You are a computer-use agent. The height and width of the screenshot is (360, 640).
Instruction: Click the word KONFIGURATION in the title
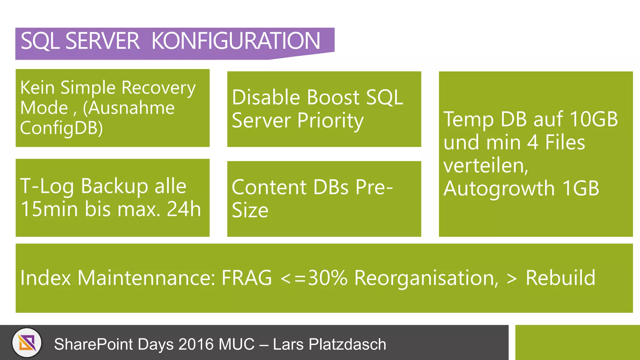(x=236, y=41)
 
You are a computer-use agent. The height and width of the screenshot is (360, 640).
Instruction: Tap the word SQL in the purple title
(x=40, y=41)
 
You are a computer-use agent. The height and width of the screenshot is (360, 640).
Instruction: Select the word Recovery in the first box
(x=158, y=88)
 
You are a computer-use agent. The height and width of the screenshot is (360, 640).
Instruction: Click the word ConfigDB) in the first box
(x=62, y=128)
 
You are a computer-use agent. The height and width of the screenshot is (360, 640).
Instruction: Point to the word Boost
(x=333, y=97)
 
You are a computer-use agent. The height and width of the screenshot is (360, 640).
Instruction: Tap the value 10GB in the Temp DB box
(x=593, y=119)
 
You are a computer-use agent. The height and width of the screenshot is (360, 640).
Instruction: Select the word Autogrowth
(x=499, y=188)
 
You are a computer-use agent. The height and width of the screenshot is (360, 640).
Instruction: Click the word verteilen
(x=485, y=165)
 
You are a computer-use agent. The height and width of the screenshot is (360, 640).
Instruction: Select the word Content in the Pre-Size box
(x=269, y=187)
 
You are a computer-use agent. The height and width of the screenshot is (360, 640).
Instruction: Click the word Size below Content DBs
(x=250, y=210)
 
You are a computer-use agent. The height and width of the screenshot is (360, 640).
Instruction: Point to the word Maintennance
(x=146, y=278)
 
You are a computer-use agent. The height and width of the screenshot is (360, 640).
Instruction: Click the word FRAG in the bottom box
(x=247, y=278)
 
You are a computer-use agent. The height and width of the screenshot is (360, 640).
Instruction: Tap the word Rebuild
(x=560, y=278)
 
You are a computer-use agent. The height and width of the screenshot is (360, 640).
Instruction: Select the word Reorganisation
(x=426, y=278)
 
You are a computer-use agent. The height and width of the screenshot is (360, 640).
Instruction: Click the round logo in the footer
(x=27, y=343)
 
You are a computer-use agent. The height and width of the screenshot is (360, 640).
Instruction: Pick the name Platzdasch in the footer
(x=347, y=344)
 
